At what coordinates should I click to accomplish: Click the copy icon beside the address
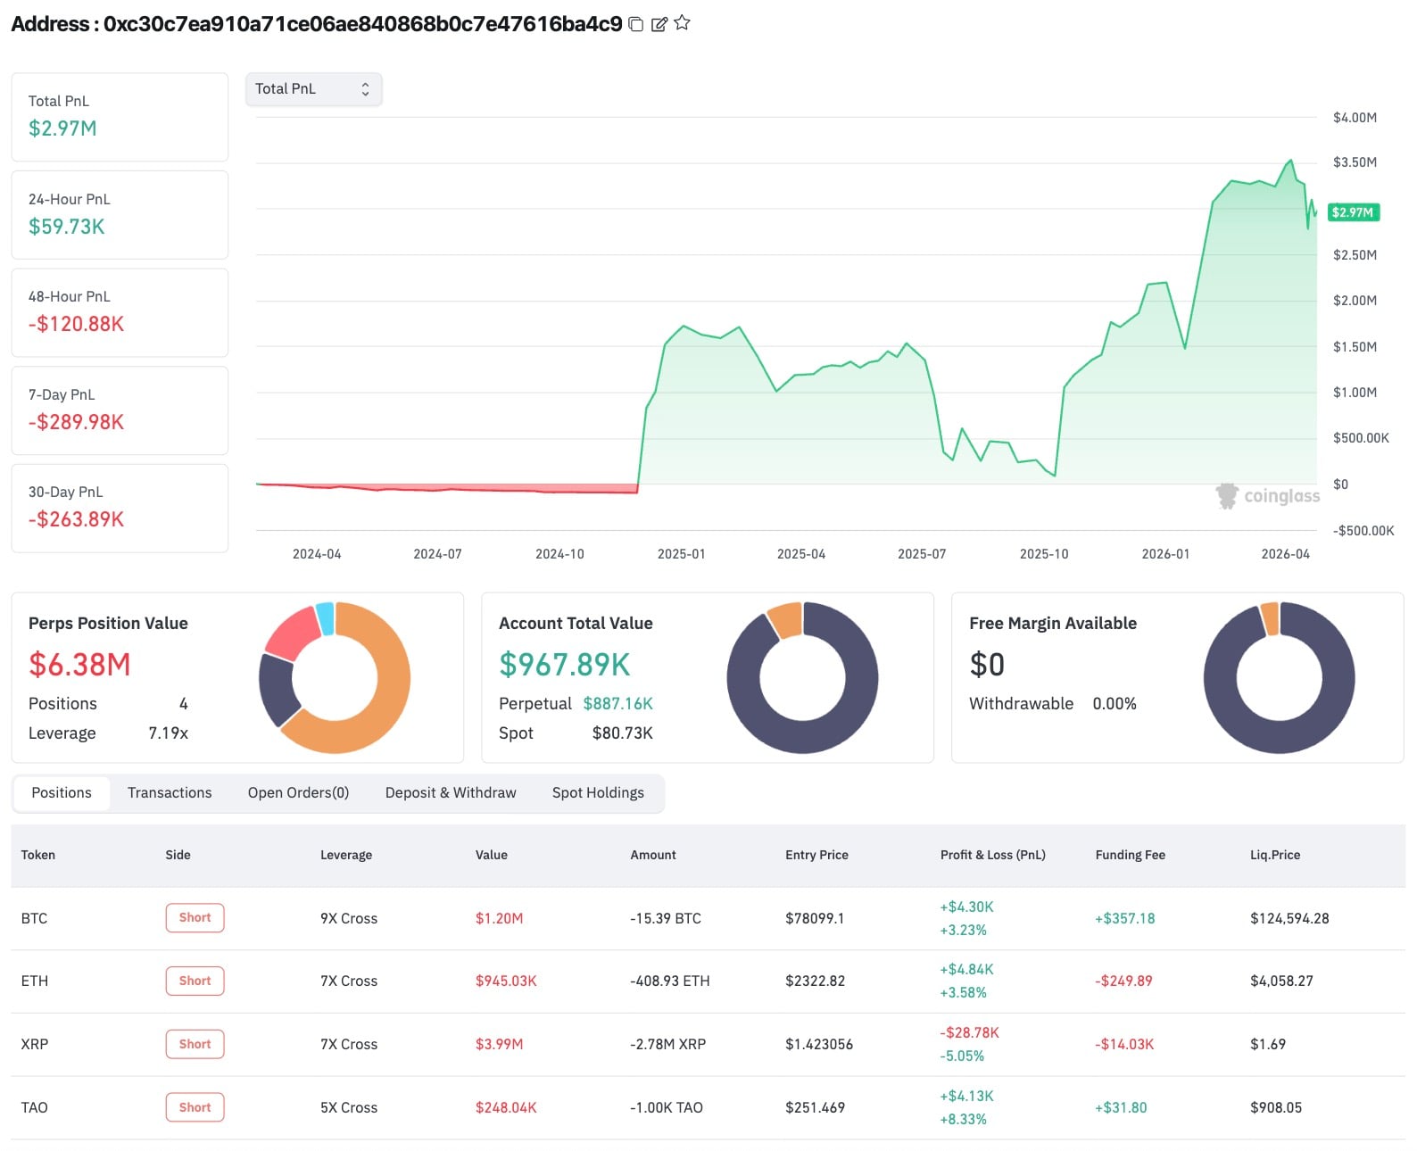click(x=635, y=24)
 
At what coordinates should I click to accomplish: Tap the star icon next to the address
click(x=682, y=23)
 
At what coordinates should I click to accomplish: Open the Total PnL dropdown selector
click(x=313, y=89)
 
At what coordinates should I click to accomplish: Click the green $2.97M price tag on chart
click(x=1353, y=212)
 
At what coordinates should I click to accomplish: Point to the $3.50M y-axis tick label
click(x=1354, y=162)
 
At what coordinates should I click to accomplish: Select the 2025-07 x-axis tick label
click(x=921, y=554)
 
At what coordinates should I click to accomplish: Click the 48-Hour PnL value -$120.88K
click(x=76, y=324)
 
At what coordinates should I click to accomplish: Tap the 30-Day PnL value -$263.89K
click(x=76, y=519)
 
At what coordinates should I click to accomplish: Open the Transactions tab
click(x=170, y=792)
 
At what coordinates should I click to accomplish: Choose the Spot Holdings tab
click(x=597, y=792)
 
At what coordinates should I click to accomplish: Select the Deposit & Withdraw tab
click(x=450, y=792)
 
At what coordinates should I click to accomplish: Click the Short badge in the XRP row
click(x=195, y=1044)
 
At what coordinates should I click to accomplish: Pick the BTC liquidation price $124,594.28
click(x=1289, y=918)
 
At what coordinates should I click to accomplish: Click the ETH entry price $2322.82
click(x=815, y=981)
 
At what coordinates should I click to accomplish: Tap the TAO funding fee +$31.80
click(x=1120, y=1107)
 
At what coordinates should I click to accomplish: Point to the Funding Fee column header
click(x=1130, y=855)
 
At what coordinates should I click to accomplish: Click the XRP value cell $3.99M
click(x=499, y=1044)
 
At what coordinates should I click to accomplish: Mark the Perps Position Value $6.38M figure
click(x=79, y=665)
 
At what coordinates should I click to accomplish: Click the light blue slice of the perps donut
click(x=326, y=618)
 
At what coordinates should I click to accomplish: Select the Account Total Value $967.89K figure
click(x=564, y=665)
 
